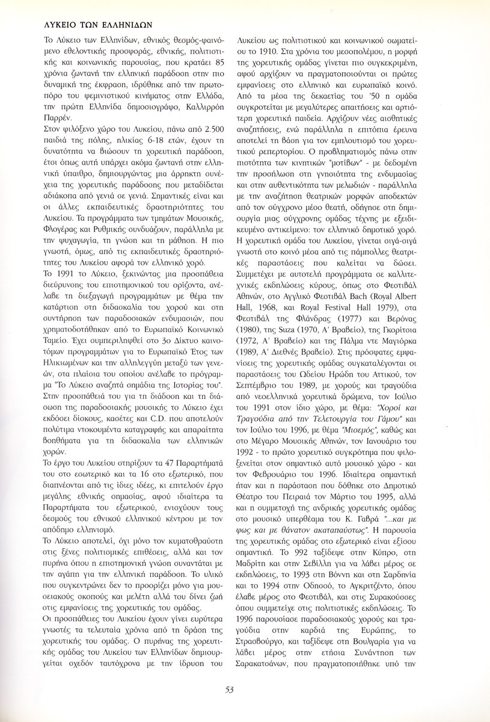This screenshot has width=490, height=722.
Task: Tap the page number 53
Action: point(245,690)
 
